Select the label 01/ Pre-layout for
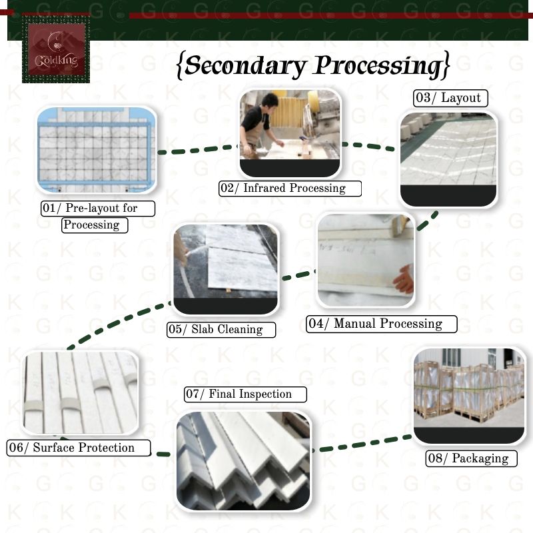98,209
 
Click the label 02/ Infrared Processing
290,189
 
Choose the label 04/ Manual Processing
382,324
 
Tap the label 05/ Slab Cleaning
221,329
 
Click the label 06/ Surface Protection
79,448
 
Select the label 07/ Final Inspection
245,394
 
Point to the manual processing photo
366,261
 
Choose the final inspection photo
243,460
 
